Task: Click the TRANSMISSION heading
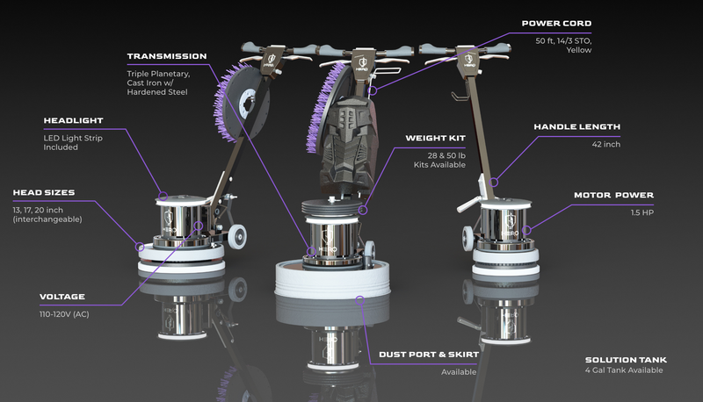[x=167, y=56]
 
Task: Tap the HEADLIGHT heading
[x=73, y=121]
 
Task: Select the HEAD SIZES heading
[x=44, y=193]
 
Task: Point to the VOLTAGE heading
[x=62, y=297]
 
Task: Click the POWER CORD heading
[x=556, y=24]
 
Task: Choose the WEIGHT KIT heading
[x=435, y=139]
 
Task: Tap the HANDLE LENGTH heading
[x=577, y=127]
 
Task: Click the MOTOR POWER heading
[x=613, y=195]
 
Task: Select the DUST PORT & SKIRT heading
[x=429, y=355]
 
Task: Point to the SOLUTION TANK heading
[x=626, y=360]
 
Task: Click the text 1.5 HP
[x=642, y=212]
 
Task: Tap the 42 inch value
[x=606, y=145]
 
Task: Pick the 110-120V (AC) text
[x=64, y=314]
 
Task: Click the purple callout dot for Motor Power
[x=526, y=230]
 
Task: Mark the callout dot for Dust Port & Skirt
[x=359, y=300]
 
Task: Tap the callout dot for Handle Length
[x=494, y=183]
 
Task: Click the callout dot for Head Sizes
[x=140, y=247]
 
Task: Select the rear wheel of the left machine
[x=236, y=236]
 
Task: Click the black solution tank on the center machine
[x=347, y=143]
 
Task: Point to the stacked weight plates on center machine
[x=331, y=207]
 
